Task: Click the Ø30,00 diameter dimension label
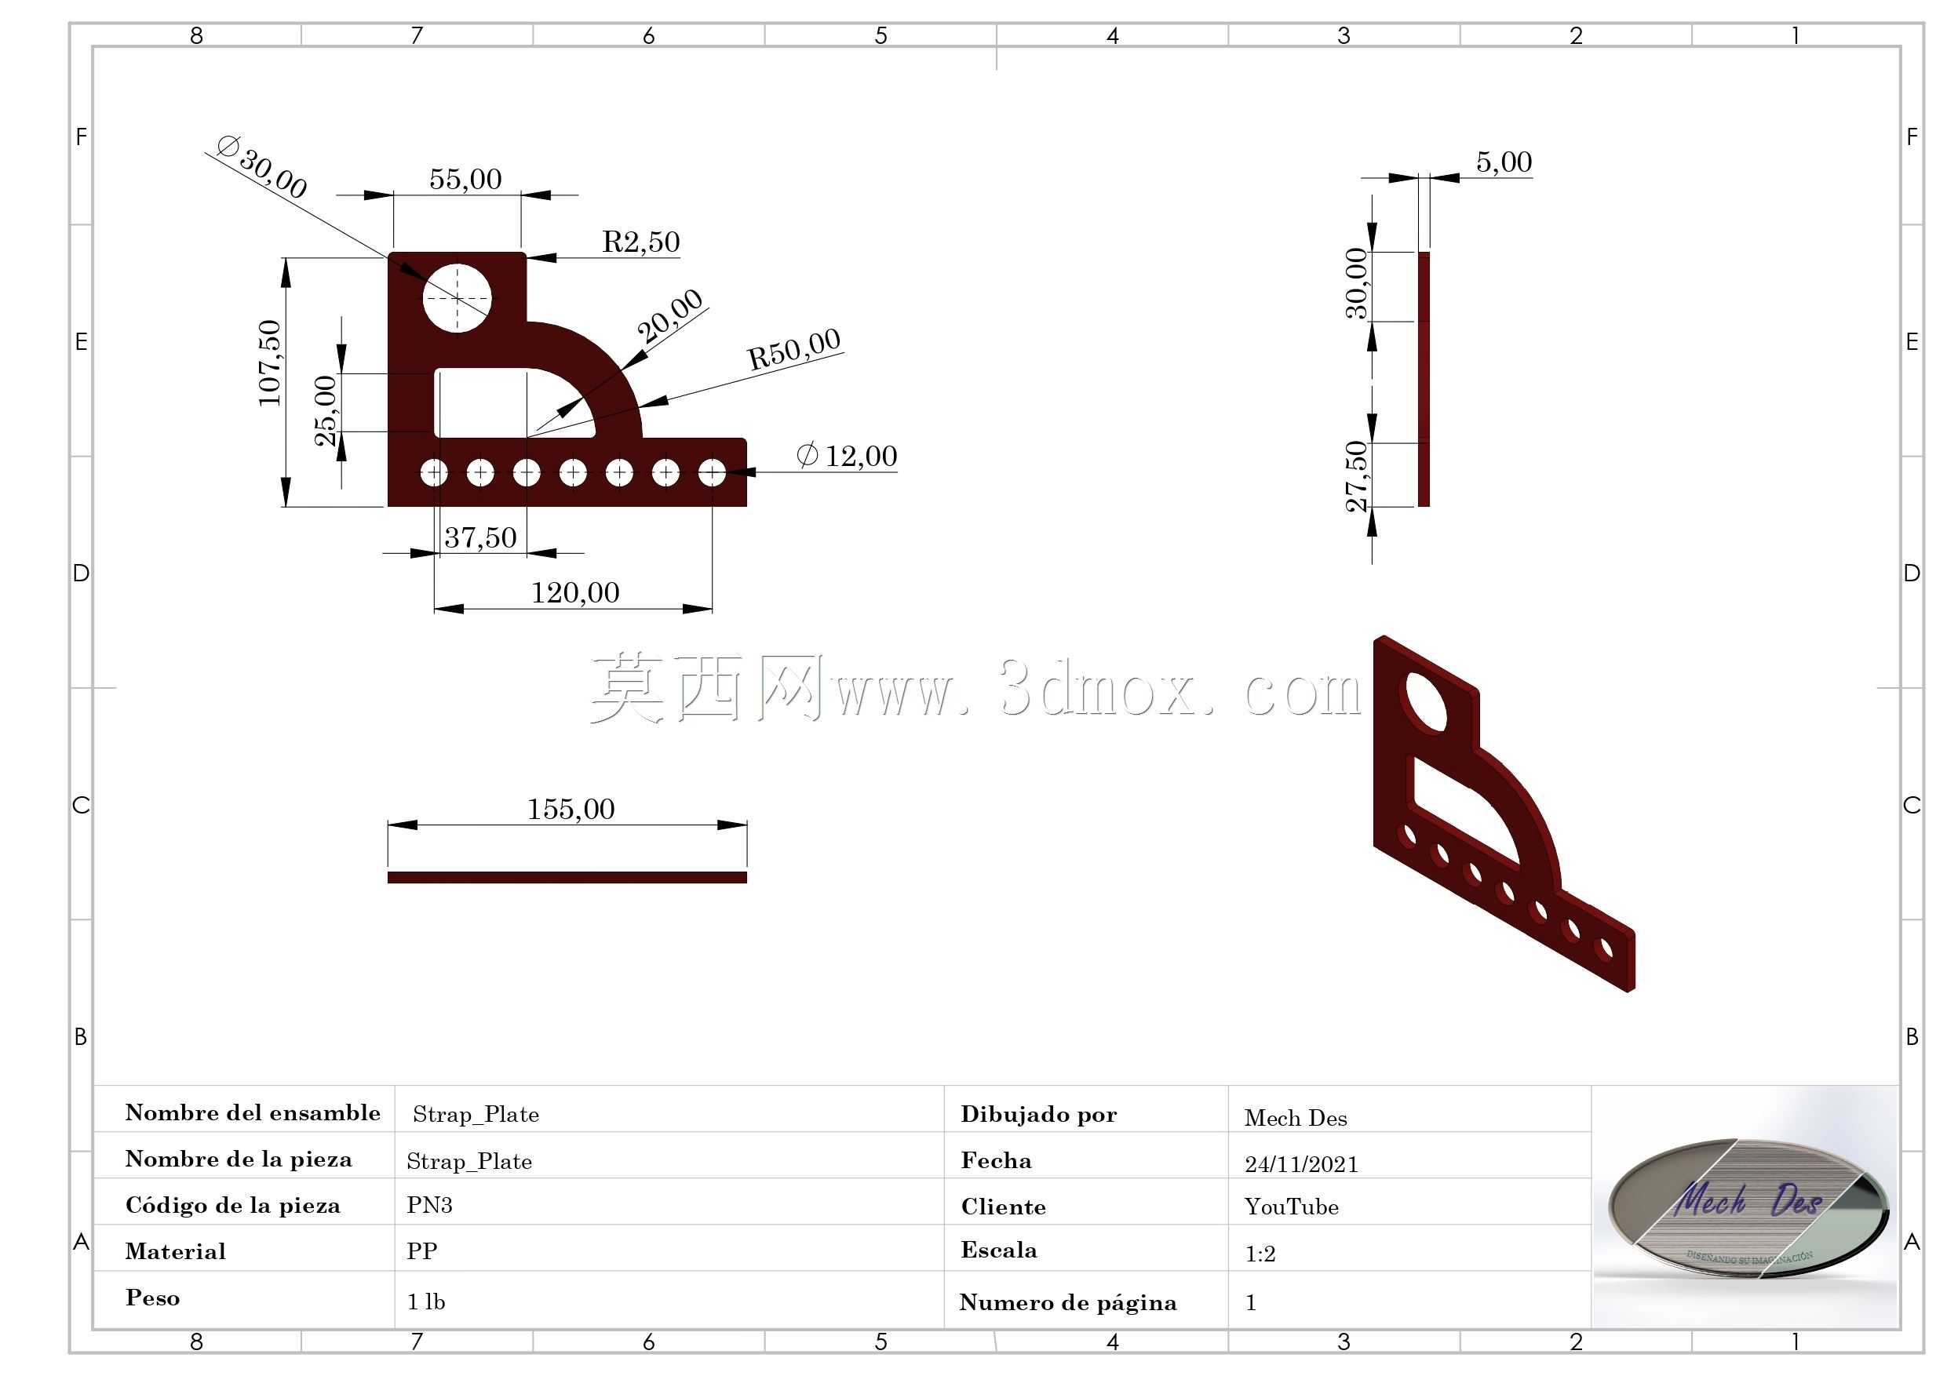click(261, 166)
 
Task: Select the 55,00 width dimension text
click(465, 179)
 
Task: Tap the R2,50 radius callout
click(641, 242)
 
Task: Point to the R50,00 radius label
click(793, 348)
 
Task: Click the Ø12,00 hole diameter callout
click(846, 455)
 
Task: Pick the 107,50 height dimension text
click(270, 363)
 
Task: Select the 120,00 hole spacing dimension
click(575, 592)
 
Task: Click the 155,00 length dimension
click(571, 809)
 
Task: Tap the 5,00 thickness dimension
click(1504, 162)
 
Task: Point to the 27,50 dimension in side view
click(1357, 475)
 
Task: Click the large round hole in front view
click(457, 298)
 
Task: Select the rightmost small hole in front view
click(712, 472)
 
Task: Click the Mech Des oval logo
click(1748, 1207)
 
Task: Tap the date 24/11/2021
click(1301, 1164)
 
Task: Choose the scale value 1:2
click(1260, 1253)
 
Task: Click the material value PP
click(421, 1251)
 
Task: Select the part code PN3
click(429, 1205)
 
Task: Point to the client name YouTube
click(1292, 1207)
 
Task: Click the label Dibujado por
click(1039, 1114)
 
